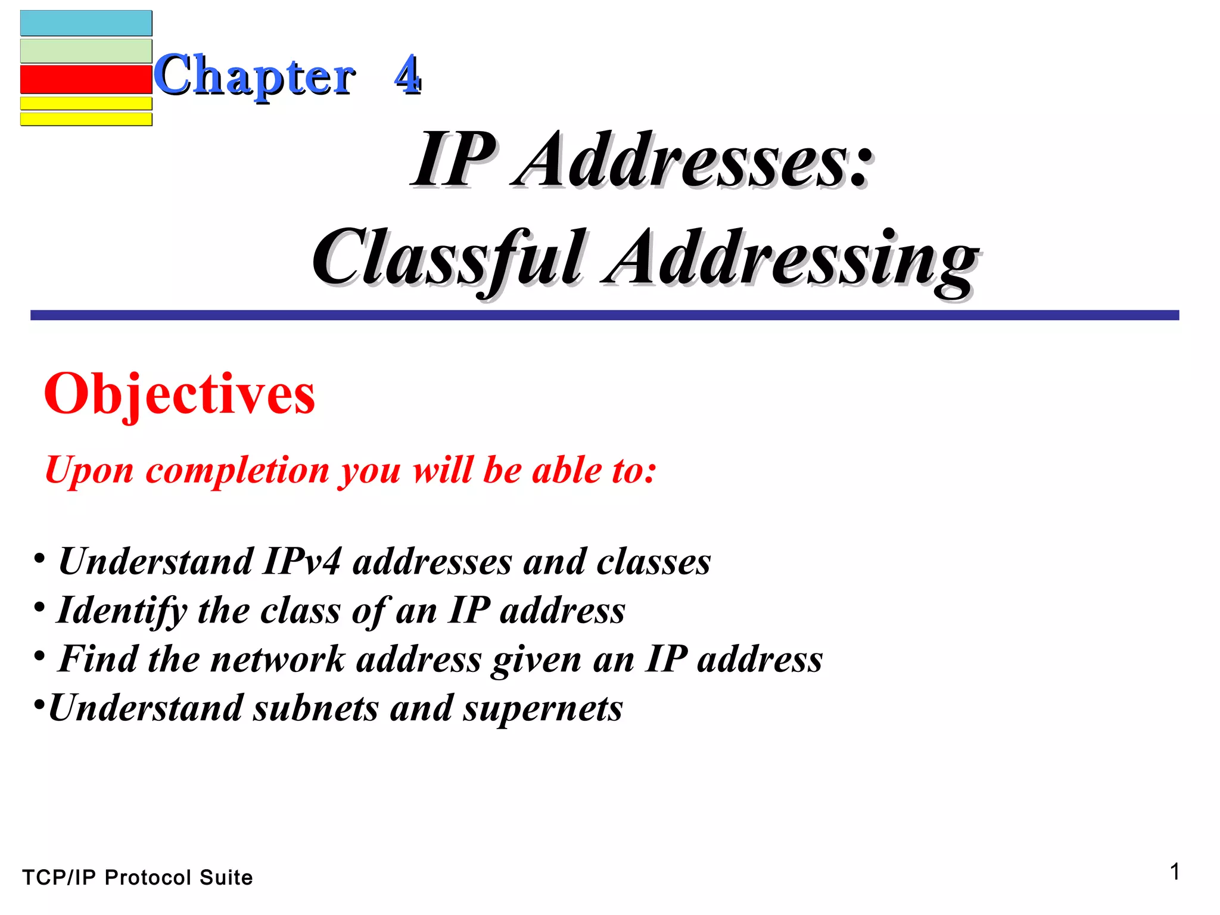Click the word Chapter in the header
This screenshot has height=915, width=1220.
tap(255, 76)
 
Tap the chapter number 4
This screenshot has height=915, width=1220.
tap(407, 74)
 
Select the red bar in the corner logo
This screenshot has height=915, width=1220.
tap(86, 79)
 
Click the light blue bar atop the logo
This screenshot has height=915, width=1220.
tap(86, 23)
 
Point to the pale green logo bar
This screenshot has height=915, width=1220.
tap(86, 51)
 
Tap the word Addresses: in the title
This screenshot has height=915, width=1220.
tap(693, 160)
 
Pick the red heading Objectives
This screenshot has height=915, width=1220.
tap(179, 394)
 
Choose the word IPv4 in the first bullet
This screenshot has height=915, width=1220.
tap(302, 562)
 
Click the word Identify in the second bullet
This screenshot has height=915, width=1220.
tap(122, 611)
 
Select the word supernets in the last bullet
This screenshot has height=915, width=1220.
tap(543, 709)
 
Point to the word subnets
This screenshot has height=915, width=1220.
tap(316, 709)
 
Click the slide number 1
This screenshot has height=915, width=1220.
tap(1174, 872)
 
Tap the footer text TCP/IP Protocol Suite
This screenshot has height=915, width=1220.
tap(138, 877)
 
